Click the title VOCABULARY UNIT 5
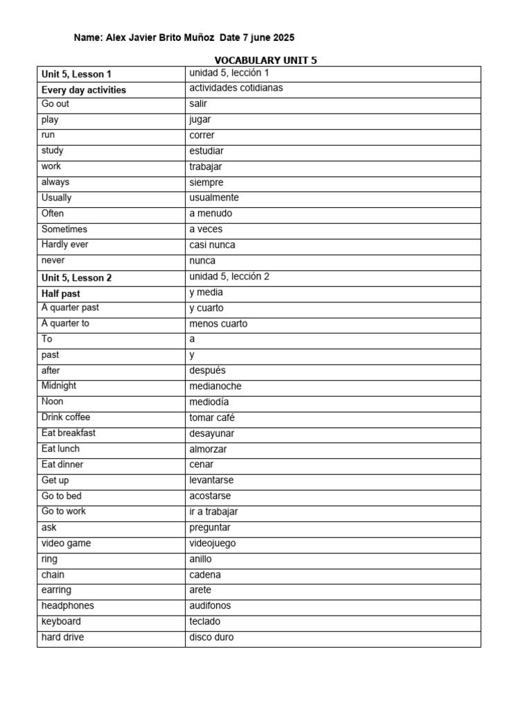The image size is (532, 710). pos(265,60)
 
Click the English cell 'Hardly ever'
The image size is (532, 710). pos(64,245)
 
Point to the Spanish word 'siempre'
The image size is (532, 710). pos(206,182)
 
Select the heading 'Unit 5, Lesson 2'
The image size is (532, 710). pos(76,277)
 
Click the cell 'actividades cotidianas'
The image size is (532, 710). pos(236,88)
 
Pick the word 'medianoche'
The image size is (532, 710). pos(215,386)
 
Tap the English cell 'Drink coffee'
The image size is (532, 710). pos(66,417)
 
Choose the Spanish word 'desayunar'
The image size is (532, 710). pos(212,433)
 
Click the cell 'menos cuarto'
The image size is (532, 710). pos(218,324)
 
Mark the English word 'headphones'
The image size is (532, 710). pos(68,606)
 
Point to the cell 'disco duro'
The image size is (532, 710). pos(211,637)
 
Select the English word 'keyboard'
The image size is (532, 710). pos(61,621)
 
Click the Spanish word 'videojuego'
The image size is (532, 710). pos(213,544)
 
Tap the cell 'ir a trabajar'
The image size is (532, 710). pos(213,512)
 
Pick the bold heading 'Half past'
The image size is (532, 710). pos(61,293)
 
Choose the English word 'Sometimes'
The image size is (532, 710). pos(64,229)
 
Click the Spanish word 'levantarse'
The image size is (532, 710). pos(211,480)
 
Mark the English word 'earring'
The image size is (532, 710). pos(56,590)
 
